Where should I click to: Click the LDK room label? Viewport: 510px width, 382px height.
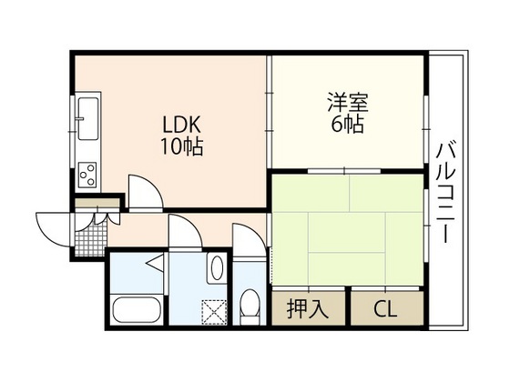181,126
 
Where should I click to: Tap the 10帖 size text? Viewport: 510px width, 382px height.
182,146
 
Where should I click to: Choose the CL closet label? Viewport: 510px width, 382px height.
386,307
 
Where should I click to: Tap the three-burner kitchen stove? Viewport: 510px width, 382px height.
89,170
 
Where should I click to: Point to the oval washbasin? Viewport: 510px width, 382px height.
217,268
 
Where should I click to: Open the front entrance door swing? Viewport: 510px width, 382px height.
53,223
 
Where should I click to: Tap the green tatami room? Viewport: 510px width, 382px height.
346,227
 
